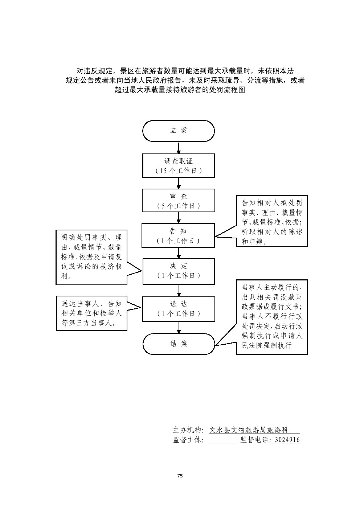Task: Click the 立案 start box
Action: [179, 131]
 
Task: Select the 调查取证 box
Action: [179, 165]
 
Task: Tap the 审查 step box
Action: [179, 200]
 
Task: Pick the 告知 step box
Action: [179, 235]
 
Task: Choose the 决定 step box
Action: [179, 271]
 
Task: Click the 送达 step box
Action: [179, 309]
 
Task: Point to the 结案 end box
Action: [179, 344]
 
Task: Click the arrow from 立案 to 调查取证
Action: [179, 148]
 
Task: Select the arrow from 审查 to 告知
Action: [179, 217]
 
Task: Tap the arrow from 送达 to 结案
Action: [179, 327]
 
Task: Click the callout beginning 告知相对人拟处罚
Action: [272, 221]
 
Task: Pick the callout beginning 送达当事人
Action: [91, 313]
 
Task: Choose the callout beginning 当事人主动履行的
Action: [272, 317]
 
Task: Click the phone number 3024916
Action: [286, 440]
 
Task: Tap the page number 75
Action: [180, 476]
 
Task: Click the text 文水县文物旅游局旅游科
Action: [249, 430]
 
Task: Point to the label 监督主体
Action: [188, 440]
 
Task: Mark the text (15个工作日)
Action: [179, 171]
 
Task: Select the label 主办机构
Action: [188, 430]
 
